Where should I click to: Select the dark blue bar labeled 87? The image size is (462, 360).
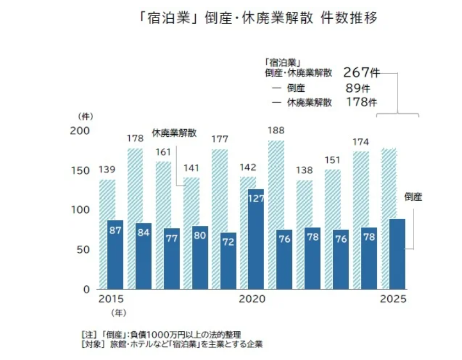(116, 254)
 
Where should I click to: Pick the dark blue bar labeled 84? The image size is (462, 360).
(144, 256)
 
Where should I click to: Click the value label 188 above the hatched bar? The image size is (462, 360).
(276, 131)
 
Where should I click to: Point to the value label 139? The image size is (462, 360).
(107, 170)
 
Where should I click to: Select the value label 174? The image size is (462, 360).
(361, 142)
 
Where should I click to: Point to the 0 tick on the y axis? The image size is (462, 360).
(86, 289)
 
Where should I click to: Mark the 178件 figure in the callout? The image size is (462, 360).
(361, 102)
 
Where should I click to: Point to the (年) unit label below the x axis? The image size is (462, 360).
(118, 313)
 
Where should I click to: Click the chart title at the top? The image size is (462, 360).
(258, 18)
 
